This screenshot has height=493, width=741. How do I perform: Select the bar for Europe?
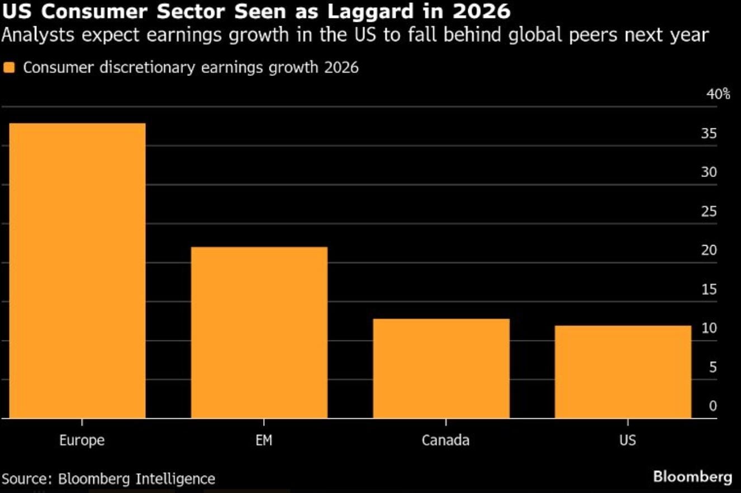(78, 270)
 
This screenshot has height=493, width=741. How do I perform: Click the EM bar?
(259, 332)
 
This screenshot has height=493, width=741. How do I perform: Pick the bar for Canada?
(441, 368)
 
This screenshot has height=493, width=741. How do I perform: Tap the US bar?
(623, 372)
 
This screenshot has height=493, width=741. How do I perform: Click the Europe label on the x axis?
(82, 441)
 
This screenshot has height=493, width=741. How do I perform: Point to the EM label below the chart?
(264, 441)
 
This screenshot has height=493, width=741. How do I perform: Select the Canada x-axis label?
(445, 441)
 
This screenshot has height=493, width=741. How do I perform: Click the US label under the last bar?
(628, 441)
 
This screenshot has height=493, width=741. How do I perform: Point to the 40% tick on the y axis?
(718, 94)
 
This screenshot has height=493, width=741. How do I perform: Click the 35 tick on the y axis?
(709, 134)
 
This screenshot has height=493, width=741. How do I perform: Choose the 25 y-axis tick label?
(709, 212)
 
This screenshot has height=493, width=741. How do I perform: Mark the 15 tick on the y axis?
(709, 289)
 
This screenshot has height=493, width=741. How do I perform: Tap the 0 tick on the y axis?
(712, 406)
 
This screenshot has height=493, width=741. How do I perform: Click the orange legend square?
(9, 68)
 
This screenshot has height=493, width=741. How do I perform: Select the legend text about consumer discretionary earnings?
(191, 68)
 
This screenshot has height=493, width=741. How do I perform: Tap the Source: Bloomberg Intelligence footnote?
(108, 478)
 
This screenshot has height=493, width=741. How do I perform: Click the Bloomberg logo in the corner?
(692, 477)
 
